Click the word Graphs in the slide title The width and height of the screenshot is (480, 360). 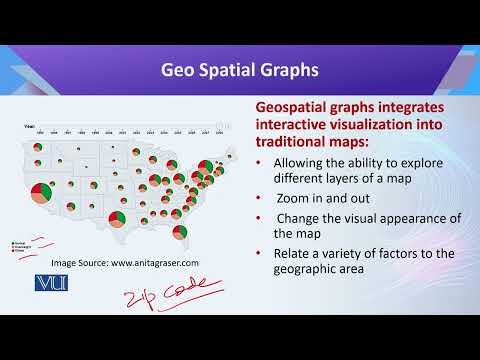289,70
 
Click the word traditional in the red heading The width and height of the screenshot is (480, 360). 297,142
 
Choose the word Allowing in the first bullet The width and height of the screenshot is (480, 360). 301,161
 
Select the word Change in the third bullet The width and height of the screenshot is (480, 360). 302,217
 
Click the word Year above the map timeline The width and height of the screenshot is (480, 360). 30,126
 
